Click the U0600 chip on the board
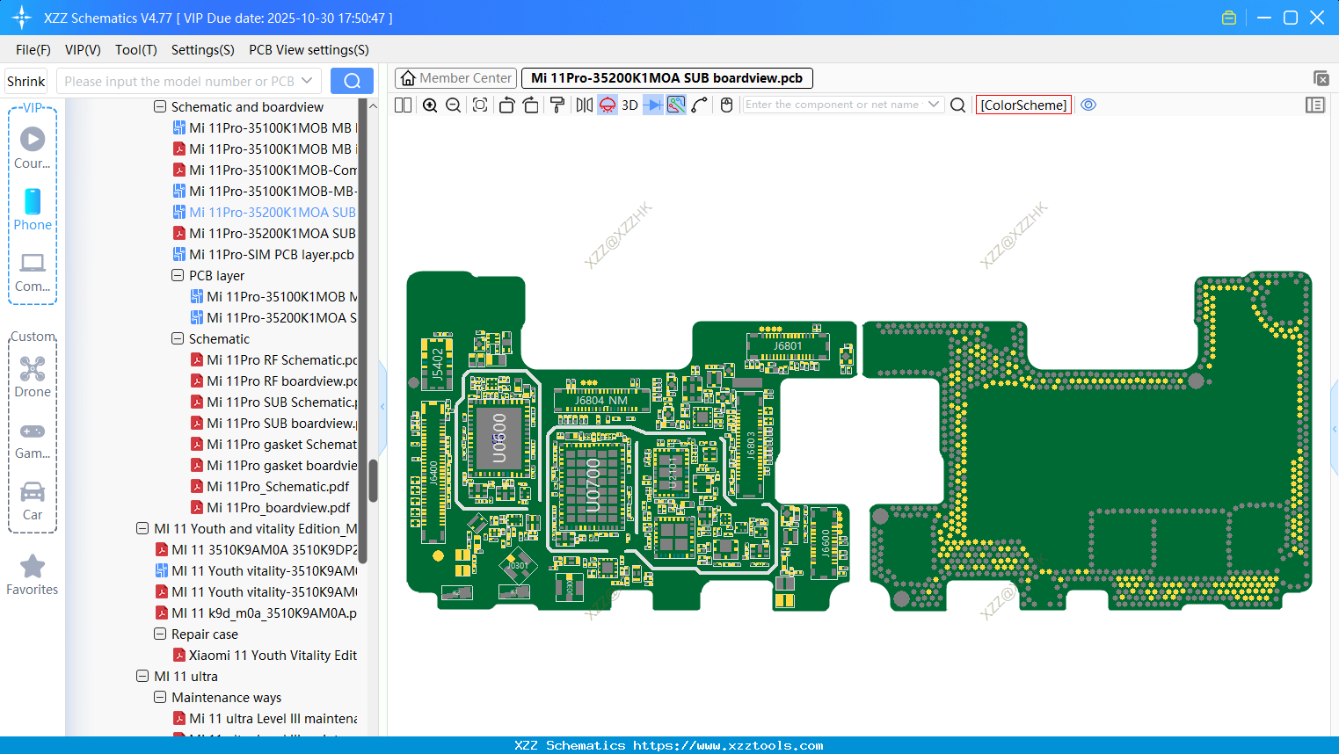coord(498,438)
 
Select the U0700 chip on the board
coord(593,483)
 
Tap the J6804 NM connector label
coord(601,401)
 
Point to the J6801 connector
coord(788,345)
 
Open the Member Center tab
coord(455,78)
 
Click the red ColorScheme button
coord(1023,105)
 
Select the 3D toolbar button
coord(629,105)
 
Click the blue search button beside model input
coord(352,81)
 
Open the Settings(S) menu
coord(202,50)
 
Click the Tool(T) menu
coord(135,50)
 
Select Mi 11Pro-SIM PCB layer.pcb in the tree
coord(271,255)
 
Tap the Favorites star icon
coord(33,567)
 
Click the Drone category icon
coord(33,369)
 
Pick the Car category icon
coord(33,492)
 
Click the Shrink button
coord(26,82)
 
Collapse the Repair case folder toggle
coord(160,634)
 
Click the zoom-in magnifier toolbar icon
coord(430,105)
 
